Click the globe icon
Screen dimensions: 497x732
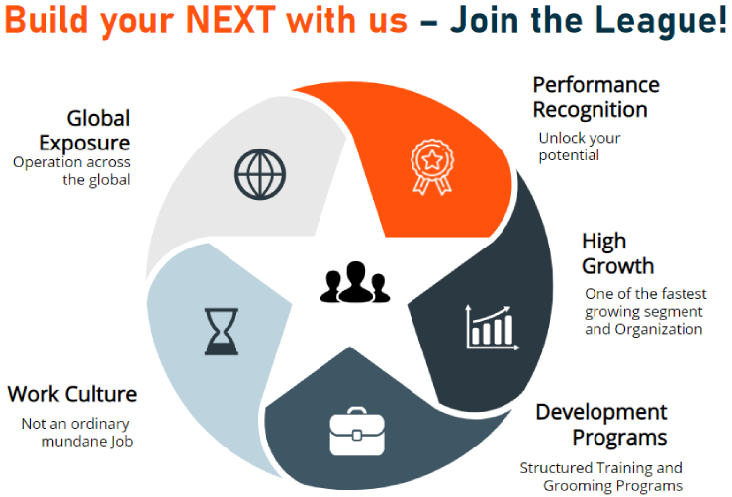[259, 174]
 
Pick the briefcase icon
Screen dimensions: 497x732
[358, 432]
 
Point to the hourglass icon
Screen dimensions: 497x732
[221, 331]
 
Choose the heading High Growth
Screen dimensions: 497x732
[617, 253]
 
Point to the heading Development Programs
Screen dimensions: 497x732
[601, 424]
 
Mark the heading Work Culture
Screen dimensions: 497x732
[72, 394]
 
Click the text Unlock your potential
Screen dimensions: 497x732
[579, 147]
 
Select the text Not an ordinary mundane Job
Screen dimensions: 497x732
[83, 433]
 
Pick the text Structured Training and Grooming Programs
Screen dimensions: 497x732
[601, 476]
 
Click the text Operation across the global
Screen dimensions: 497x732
[71, 171]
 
